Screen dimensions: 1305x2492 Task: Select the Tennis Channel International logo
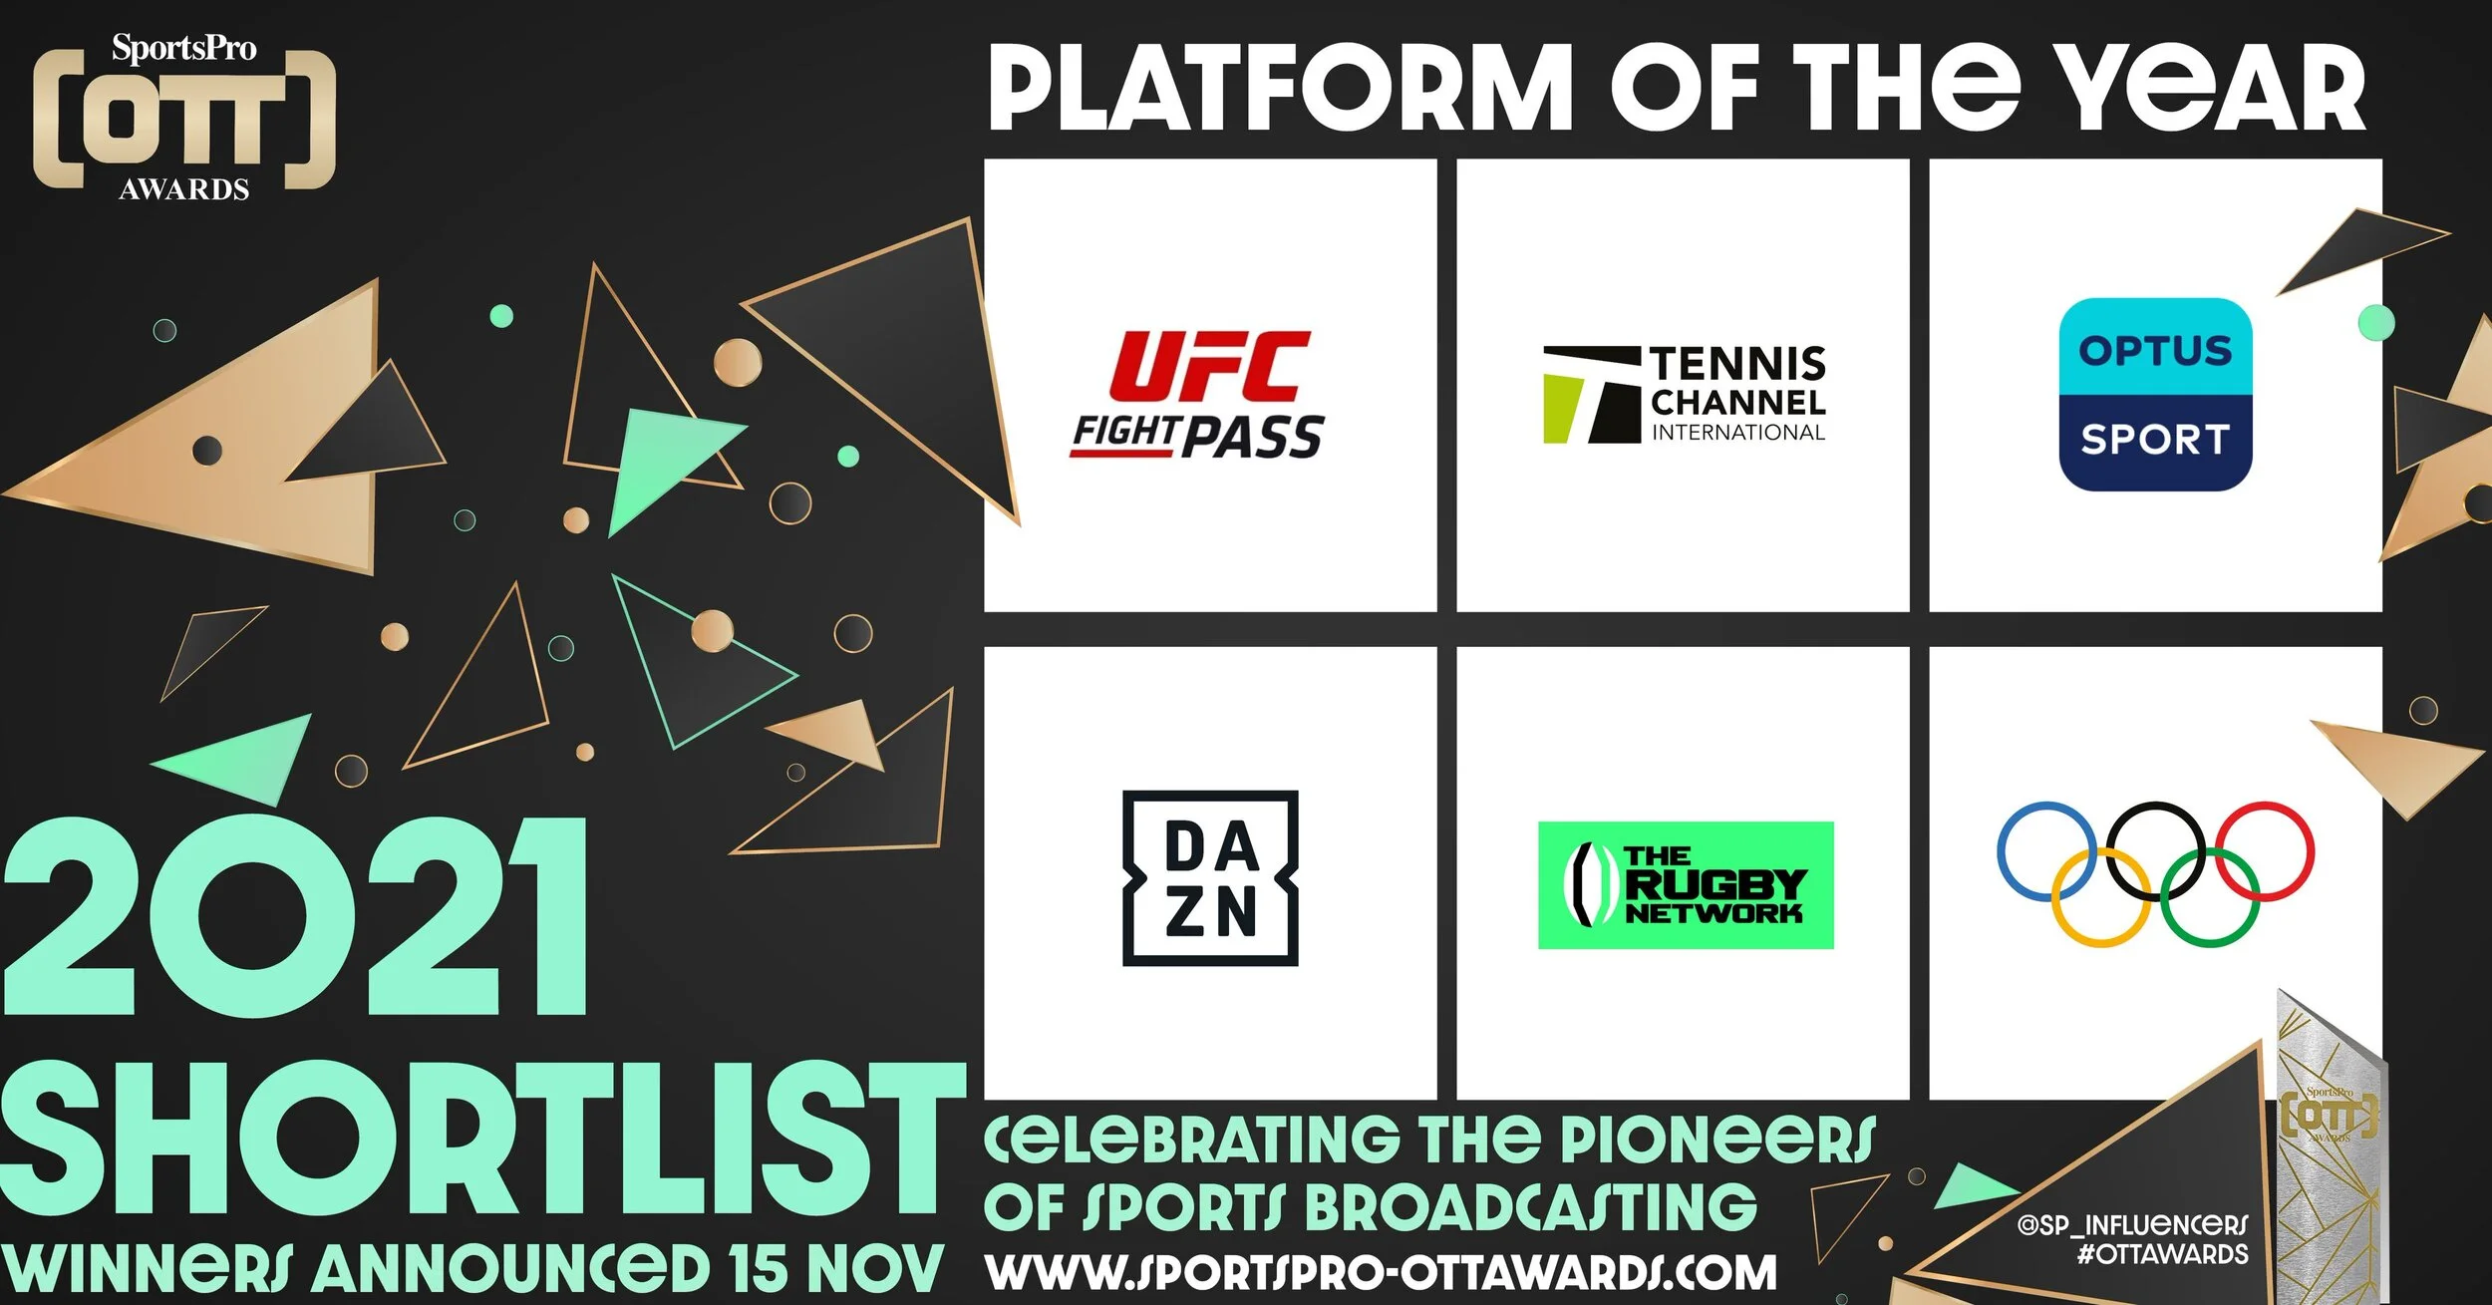tap(1685, 395)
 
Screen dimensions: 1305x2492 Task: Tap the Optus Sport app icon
tap(2155, 395)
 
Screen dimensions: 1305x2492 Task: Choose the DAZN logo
tap(1210, 878)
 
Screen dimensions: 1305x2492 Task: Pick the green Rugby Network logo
tap(1686, 885)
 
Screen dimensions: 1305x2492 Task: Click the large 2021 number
tap(295, 917)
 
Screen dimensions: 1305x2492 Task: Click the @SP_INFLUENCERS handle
tap(2132, 1225)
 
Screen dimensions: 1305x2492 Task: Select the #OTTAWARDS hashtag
tap(2162, 1254)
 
